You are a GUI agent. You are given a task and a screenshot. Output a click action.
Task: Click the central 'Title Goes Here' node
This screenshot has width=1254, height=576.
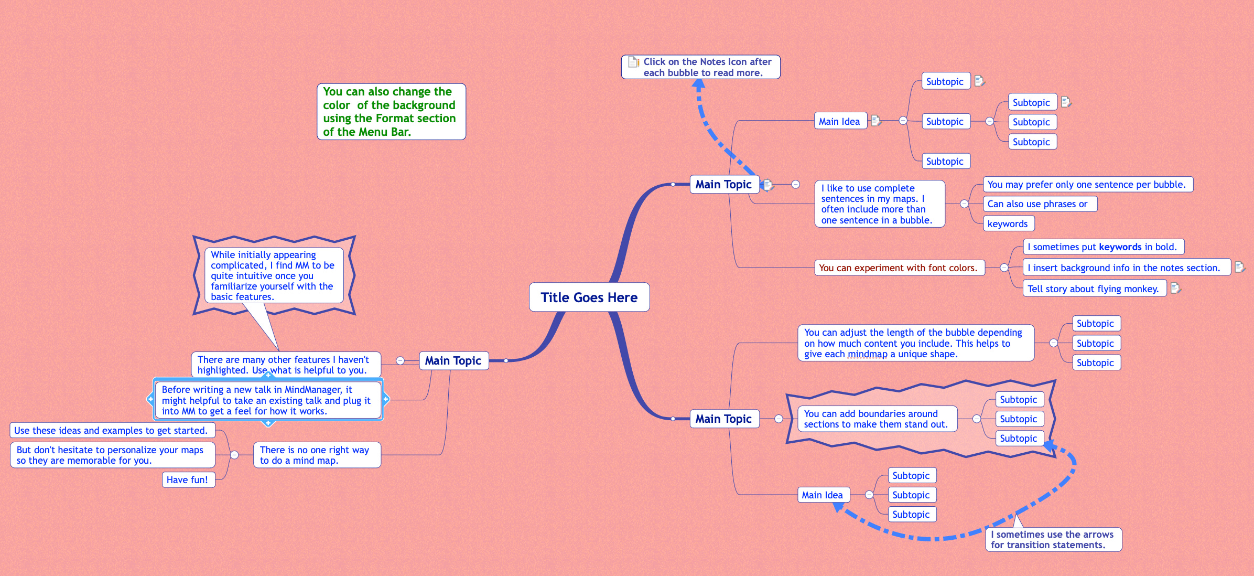coord(589,297)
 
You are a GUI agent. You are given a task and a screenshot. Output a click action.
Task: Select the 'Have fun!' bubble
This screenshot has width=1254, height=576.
coord(188,479)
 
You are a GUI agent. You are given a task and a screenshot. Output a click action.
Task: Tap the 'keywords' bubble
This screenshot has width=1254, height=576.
coord(1008,223)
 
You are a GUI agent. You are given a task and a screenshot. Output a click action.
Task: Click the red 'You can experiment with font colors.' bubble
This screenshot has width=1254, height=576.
coord(899,268)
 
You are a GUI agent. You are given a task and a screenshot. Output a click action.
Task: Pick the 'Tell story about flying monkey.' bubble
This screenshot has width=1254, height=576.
coord(1093,289)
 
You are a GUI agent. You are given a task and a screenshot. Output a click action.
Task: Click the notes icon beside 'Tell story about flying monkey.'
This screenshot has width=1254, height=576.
coord(1175,287)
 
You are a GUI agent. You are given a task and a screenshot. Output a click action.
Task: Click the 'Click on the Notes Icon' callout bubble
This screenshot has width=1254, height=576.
coord(701,67)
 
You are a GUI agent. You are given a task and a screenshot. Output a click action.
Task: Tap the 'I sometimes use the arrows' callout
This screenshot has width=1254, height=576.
coord(1052,539)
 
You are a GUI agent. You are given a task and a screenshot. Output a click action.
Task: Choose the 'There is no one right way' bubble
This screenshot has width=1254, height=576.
coord(316,455)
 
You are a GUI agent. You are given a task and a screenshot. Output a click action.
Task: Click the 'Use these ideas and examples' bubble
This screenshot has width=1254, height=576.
coord(111,430)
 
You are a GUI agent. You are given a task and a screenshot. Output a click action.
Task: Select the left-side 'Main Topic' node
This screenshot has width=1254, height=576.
coord(453,360)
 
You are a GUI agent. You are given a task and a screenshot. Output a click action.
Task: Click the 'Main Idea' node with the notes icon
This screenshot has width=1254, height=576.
coord(839,121)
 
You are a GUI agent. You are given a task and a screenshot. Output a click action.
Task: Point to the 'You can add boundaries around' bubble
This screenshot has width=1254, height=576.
coord(876,419)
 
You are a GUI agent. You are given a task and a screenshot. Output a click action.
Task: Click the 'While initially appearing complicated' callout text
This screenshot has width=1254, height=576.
coord(273,275)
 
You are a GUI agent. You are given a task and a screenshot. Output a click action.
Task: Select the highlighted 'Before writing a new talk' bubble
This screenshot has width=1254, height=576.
coord(267,400)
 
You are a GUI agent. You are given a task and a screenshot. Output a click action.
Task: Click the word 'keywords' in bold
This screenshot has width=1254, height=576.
coord(1120,247)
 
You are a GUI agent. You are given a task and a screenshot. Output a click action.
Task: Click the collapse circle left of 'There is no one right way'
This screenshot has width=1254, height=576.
coord(234,455)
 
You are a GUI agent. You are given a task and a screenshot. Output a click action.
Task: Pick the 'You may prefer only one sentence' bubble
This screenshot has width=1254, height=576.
coord(1086,184)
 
